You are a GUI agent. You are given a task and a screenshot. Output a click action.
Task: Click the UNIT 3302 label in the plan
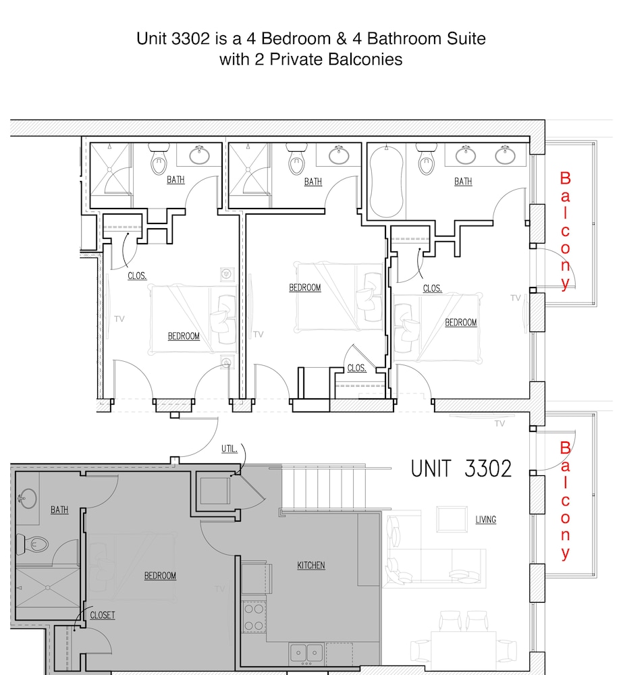(x=461, y=468)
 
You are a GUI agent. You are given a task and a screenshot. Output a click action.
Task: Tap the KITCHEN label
(x=311, y=565)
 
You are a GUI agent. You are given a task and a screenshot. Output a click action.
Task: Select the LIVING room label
(x=486, y=520)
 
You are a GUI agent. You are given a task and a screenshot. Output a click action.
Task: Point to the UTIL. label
(x=229, y=449)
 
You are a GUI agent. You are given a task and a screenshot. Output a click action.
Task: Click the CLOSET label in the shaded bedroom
(x=103, y=615)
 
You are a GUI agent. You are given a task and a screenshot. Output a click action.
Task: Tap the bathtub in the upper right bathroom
(x=387, y=181)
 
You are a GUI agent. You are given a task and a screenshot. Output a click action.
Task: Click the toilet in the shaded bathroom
(x=32, y=544)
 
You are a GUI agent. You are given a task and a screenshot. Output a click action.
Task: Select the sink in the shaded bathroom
(x=27, y=499)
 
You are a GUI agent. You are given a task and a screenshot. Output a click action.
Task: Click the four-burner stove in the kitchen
(x=254, y=617)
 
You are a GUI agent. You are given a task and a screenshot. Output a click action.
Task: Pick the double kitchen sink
(x=306, y=653)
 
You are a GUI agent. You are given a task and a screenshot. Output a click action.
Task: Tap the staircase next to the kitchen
(x=323, y=487)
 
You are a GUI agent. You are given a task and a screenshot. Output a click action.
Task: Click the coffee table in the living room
(x=452, y=519)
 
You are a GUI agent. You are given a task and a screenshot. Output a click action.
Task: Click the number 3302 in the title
(x=190, y=38)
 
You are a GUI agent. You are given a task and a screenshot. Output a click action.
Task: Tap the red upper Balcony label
(x=566, y=230)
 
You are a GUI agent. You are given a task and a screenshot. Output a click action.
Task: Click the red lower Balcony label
(x=566, y=500)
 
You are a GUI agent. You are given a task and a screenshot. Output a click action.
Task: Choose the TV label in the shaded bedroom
(x=219, y=589)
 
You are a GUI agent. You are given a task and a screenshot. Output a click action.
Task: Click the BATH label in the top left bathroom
(x=175, y=180)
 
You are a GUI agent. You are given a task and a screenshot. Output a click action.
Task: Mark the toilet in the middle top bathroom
(x=296, y=160)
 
